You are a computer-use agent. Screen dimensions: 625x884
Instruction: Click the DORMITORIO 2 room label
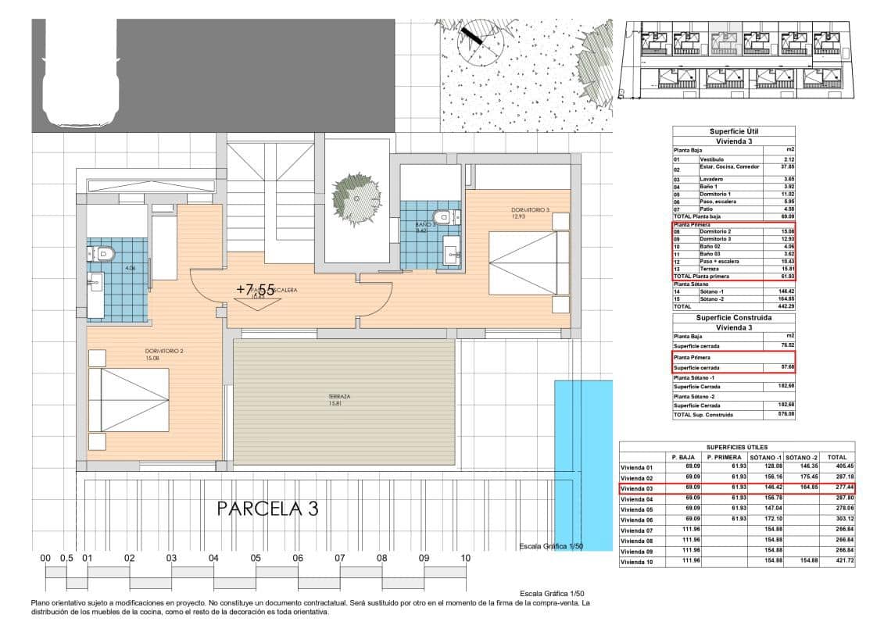164,351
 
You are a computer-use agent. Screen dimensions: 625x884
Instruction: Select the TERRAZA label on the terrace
339,397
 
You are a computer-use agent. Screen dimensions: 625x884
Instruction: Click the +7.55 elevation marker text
256,289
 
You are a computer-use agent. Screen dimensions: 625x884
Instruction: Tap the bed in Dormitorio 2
128,399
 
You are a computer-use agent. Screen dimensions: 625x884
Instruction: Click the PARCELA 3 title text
267,509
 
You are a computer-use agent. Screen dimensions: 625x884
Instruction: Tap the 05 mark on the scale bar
256,559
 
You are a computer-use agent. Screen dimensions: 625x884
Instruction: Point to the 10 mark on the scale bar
465,559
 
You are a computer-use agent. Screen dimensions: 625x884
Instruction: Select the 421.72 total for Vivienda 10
837,561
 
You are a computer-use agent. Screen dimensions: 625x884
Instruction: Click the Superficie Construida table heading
733,318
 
